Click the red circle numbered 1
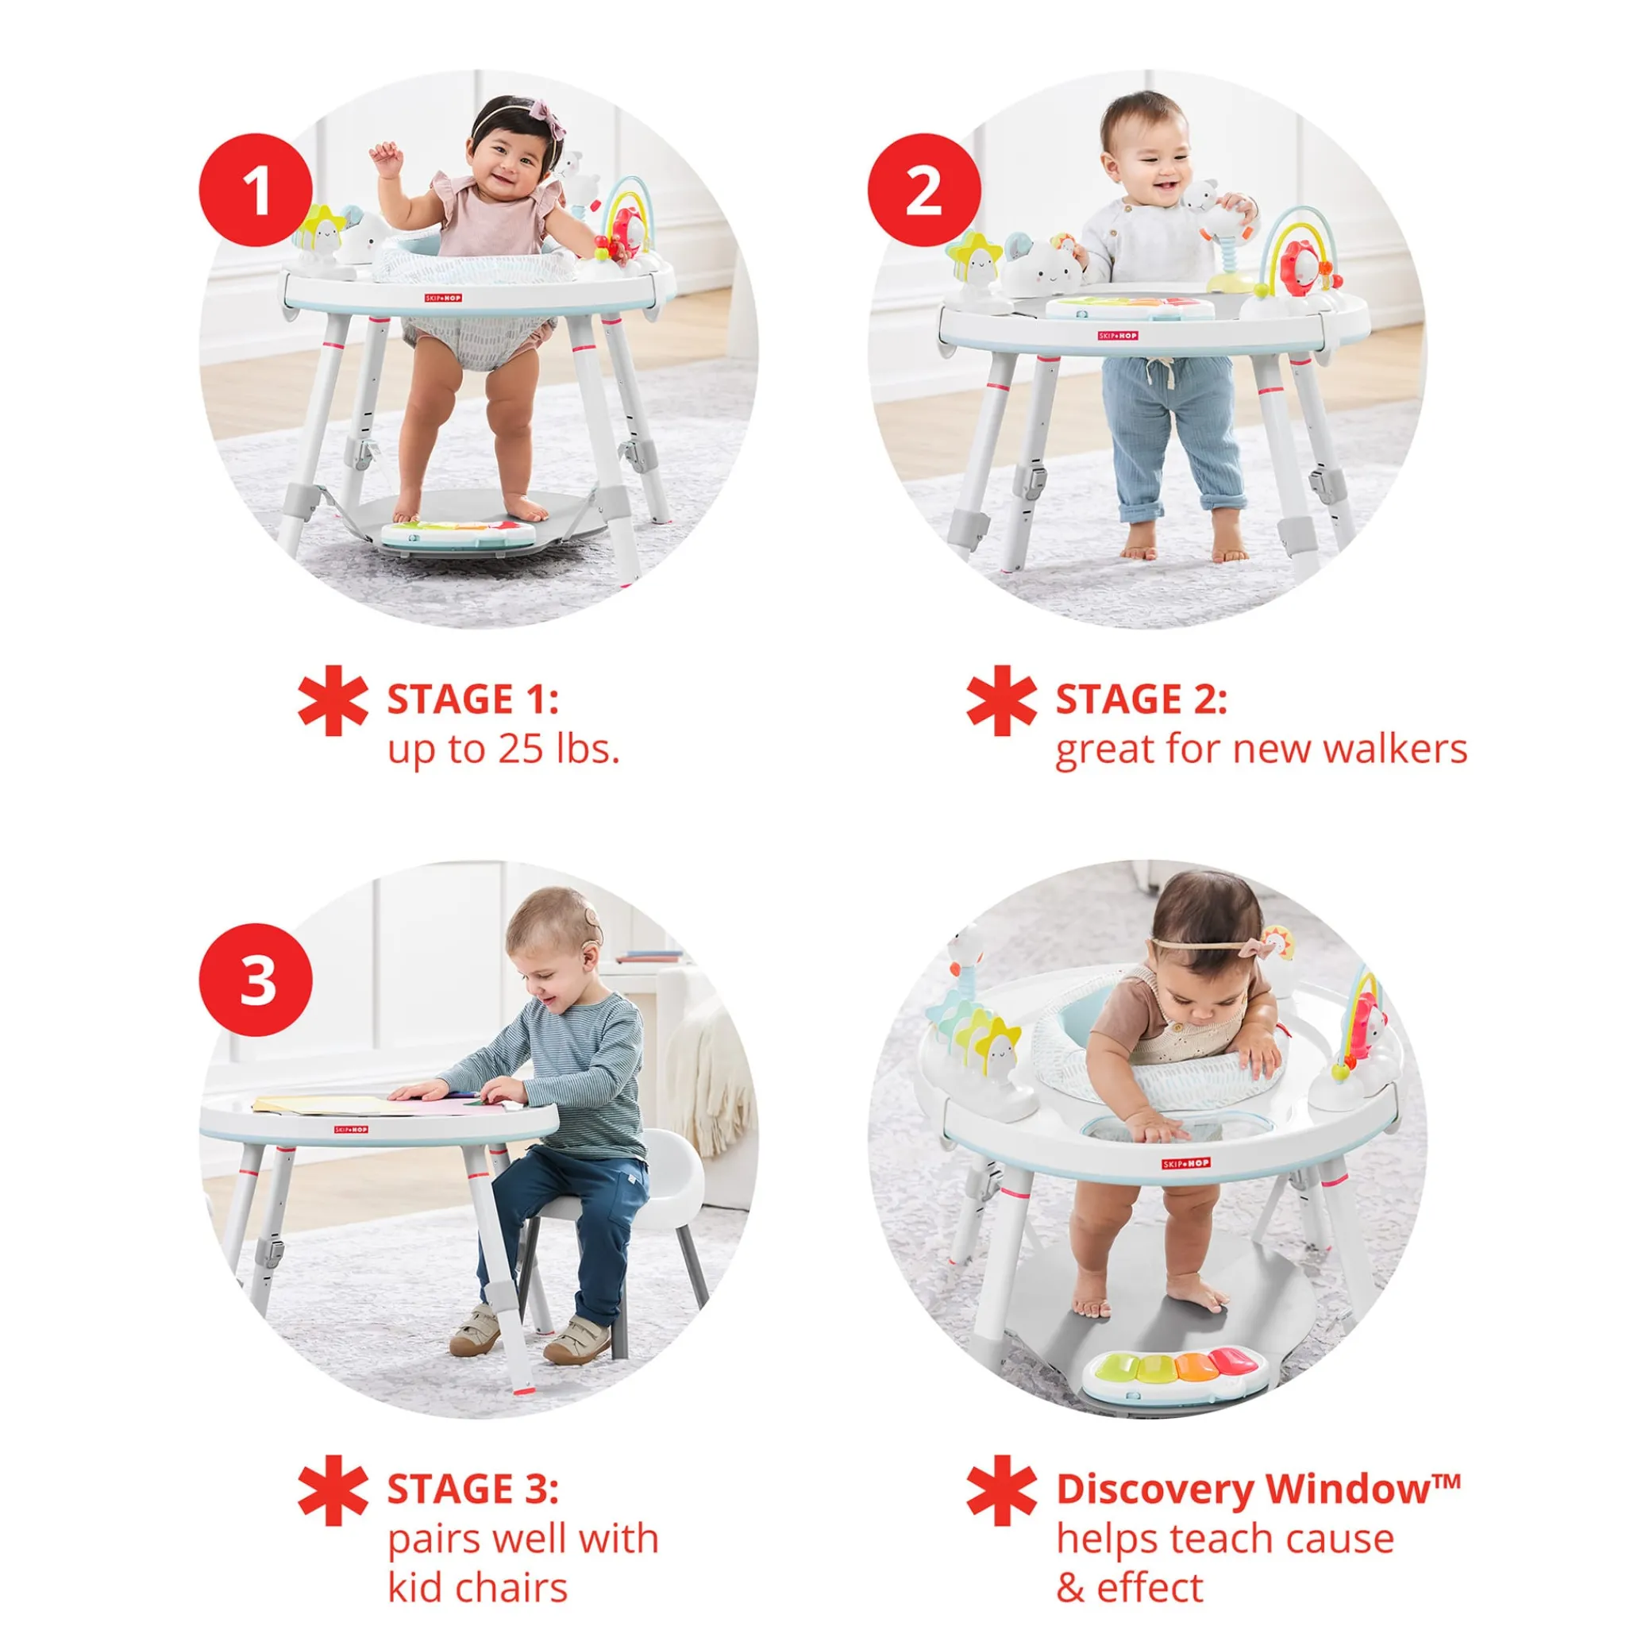pyautogui.click(x=256, y=190)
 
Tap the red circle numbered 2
pyautogui.click(x=924, y=190)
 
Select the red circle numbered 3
pyautogui.click(x=256, y=980)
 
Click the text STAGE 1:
pyautogui.click(x=473, y=699)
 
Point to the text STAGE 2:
pyautogui.click(x=1141, y=699)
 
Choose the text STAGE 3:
pyautogui.click(x=473, y=1489)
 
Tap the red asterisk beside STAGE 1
pyautogui.click(x=333, y=700)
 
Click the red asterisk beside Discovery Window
pyautogui.click(x=1001, y=1489)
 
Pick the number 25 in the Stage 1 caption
pyautogui.click(x=519, y=749)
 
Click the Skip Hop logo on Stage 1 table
pyautogui.click(x=443, y=298)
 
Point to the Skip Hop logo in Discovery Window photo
pyautogui.click(x=1187, y=1163)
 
